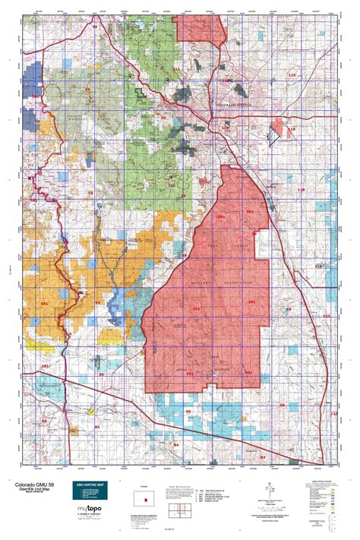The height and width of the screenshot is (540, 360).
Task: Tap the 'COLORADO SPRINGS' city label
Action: coord(238,105)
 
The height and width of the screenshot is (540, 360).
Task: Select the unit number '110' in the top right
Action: coord(292,75)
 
